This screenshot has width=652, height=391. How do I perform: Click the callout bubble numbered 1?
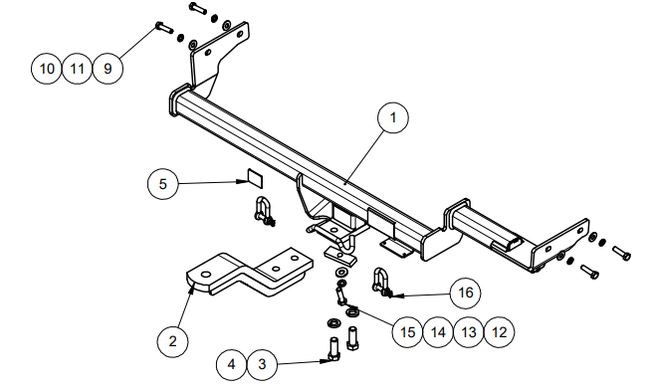click(393, 118)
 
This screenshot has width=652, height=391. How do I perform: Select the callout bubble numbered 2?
click(172, 341)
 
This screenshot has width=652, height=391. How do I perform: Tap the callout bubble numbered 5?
click(163, 184)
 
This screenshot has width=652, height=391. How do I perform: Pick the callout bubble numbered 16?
click(465, 293)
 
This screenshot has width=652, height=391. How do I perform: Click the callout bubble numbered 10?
click(47, 69)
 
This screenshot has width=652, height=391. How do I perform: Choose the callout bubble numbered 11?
click(78, 69)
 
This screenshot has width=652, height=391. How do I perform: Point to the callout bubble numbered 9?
click(108, 69)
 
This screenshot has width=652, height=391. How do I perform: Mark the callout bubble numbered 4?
click(232, 364)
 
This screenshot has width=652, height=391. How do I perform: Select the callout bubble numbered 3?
click(262, 364)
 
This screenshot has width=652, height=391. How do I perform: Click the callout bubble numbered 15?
click(408, 332)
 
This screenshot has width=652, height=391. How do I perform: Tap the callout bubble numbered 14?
click(438, 332)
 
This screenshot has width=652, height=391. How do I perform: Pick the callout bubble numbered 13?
click(469, 332)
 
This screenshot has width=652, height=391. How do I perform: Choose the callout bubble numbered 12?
click(499, 332)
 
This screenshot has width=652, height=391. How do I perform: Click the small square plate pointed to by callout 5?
click(255, 177)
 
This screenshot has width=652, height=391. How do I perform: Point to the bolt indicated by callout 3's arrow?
click(333, 348)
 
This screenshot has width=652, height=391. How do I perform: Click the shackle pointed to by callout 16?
click(381, 283)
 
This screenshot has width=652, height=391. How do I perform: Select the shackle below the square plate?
click(264, 212)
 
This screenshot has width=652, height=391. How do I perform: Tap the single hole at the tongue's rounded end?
click(205, 275)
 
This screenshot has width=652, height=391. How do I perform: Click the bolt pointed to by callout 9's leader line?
click(163, 28)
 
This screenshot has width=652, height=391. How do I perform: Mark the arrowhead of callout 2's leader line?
click(192, 287)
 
